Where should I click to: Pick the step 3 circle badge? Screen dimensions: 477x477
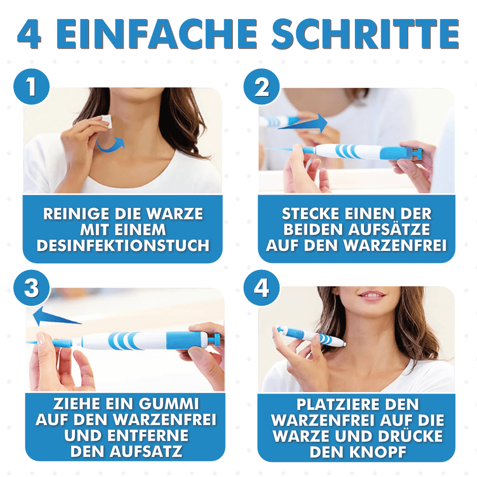pyautogui.click(x=31, y=289)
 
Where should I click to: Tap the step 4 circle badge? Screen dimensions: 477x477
pyautogui.click(x=261, y=289)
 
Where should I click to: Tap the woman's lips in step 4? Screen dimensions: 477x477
pyautogui.click(x=371, y=295)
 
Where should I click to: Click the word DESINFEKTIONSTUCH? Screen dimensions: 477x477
pyautogui.click(x=123, y=246)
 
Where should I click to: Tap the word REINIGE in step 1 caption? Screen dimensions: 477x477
pyautogui.click(x=74, y=214)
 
